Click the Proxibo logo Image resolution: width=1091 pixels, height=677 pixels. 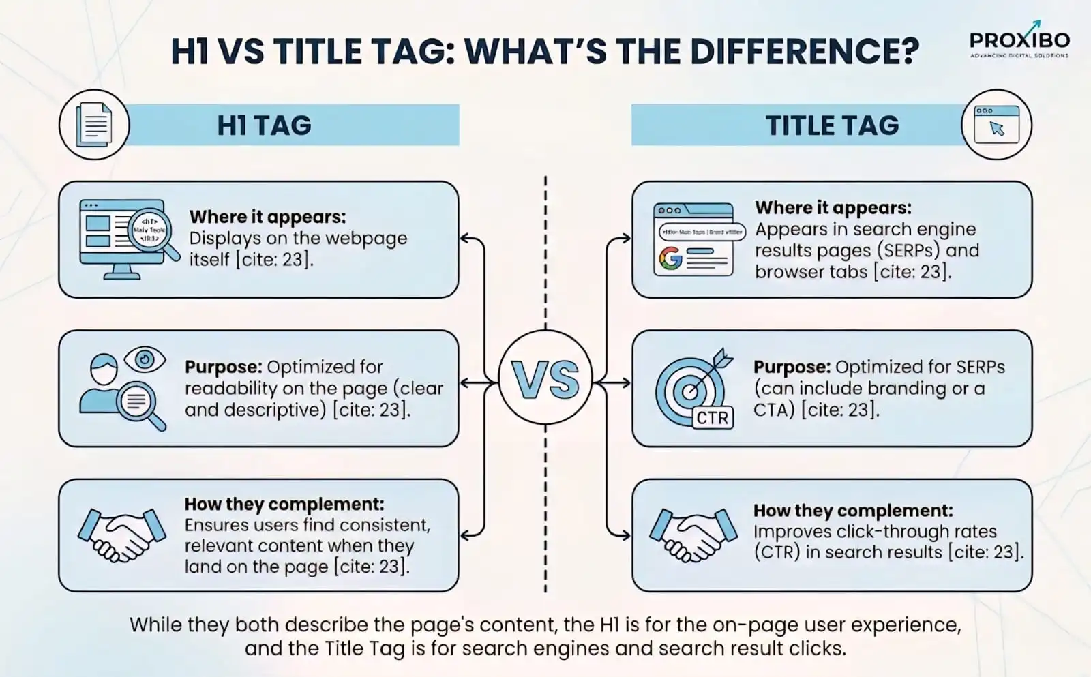click(1019, 41)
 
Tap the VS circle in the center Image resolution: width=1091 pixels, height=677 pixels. click(545, 380)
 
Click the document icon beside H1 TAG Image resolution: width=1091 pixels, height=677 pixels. click(94, 125)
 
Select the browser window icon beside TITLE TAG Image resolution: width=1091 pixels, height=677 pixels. click(996, 125)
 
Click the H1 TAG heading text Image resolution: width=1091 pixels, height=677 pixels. click(264, 125)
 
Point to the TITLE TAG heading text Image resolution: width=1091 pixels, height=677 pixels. click(832, 125)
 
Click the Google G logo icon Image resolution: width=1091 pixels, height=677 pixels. click(670, 258)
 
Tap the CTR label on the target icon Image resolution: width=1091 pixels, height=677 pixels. click(713, 417)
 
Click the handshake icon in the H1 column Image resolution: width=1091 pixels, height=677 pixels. click(122, 534)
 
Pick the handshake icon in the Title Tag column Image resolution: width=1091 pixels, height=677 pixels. click(693, 534)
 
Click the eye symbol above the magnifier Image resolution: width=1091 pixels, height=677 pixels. click(145, 359)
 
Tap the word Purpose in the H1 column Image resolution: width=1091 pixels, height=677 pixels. click(222, 367)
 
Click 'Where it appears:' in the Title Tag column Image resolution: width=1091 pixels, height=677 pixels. click(833, 207)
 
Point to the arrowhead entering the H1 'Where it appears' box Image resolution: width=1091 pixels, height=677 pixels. click(464, 239)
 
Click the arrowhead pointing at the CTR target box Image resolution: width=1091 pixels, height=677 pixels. click(625, 382)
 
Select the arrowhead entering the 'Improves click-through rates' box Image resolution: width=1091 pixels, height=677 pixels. click(625, 535)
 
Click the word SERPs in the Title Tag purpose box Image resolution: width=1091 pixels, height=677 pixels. click(978, 367)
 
